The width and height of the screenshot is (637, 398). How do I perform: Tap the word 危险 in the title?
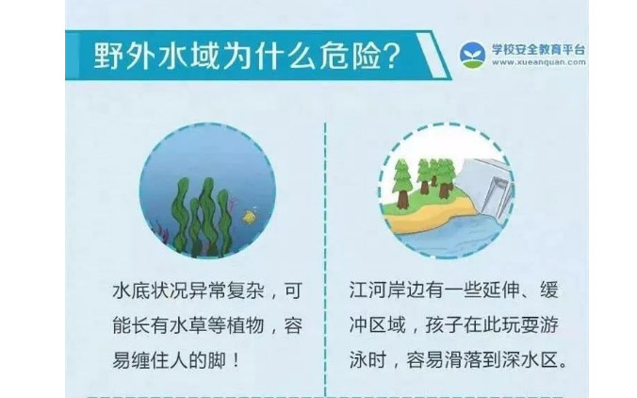click(x=351, y=56)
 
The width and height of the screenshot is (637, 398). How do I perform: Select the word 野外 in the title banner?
click(x=123, y=56)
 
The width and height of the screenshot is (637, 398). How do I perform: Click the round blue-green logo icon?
click(x=472, y=55)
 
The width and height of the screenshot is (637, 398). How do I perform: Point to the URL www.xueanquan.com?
click(x=538, y=62)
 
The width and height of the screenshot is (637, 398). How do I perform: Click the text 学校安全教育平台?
click(x=538, y=49)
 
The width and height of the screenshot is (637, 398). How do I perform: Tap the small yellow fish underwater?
click(x=250, y=216)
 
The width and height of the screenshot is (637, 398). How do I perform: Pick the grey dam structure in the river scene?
click(x=487, y=187)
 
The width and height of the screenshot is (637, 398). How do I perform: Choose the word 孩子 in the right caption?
click(x=444, y=325)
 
